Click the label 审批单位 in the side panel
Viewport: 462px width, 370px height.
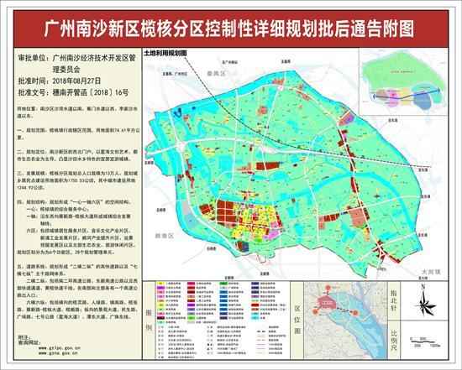[26, 60]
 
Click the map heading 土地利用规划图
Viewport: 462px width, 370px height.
[165, 52]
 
